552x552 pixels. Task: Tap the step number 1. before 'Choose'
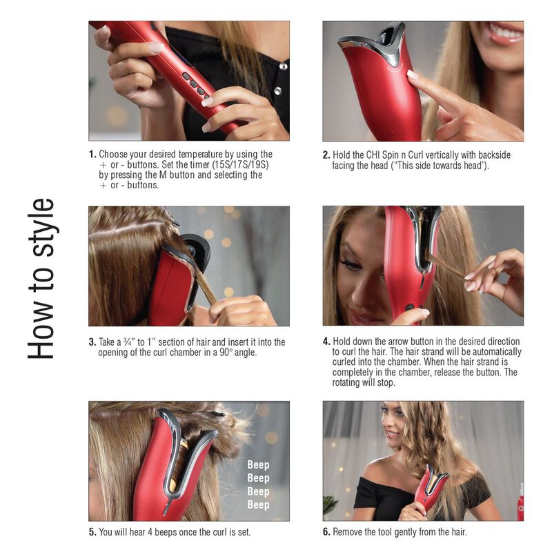tap(92, 155)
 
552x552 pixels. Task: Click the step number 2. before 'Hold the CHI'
tap(327, 155)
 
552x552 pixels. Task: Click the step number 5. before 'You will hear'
tap(92, 532)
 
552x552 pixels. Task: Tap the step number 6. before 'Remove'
tap(327, 532)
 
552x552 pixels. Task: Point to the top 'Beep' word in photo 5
tap(258, 465)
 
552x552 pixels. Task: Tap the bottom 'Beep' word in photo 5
tap(258, 504)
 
